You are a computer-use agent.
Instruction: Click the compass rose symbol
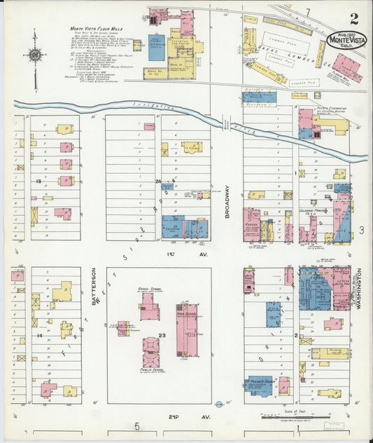coord(34,55)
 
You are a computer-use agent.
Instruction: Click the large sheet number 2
coord(355,18)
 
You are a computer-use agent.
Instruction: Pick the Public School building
coord(151,353)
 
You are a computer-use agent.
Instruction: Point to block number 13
coord(39,181)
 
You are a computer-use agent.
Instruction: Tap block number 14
coord(39,336)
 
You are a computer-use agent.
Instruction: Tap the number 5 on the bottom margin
coord(138,426)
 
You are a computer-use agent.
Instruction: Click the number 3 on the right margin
coord(362,231)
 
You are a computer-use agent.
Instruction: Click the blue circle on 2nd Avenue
coord(219,404)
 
